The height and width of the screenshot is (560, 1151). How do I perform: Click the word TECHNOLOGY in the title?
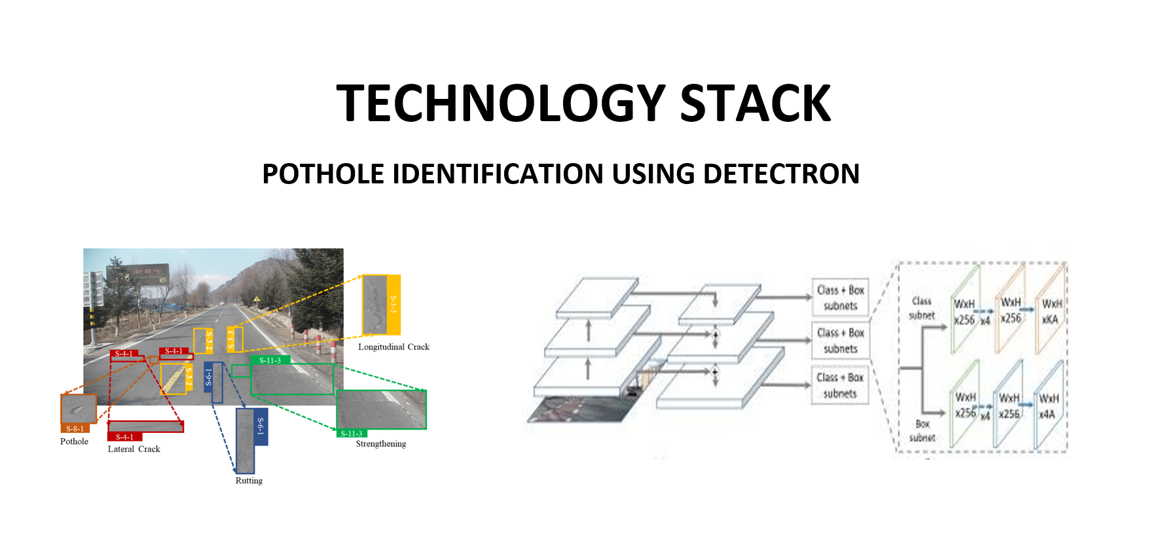(x=501, y=103)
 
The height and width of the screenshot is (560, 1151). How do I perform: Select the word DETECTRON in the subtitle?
(x=781, y=174)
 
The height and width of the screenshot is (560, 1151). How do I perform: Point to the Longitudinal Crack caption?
(x=393, y=347)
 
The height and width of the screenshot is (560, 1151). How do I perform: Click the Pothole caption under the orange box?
(x=74, y=441)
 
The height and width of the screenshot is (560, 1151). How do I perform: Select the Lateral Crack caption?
(x=134, y=449)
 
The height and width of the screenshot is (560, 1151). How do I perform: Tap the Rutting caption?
(x=249, y=481)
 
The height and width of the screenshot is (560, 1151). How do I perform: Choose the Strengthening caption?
(x=380, y=444)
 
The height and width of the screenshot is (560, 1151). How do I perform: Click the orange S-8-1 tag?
(x=75, y=428)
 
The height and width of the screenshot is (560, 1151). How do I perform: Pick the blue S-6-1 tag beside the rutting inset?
(x=261, y=426)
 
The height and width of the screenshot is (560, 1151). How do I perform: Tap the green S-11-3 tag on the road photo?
(x=270, y=360)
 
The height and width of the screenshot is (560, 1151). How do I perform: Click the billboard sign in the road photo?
(x=147, y=273)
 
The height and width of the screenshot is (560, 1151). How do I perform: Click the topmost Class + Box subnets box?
(x=840, y=297)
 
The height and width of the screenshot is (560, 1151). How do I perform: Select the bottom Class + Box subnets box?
(x=840, y=385)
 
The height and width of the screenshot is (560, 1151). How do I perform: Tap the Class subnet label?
(x=921, y=308)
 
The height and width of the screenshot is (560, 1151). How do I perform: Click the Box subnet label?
(x=922, y=430)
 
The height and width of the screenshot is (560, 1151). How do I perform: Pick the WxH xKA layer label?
(x=1051, y=312)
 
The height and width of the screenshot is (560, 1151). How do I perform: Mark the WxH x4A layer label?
(x=1048, y=406)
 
